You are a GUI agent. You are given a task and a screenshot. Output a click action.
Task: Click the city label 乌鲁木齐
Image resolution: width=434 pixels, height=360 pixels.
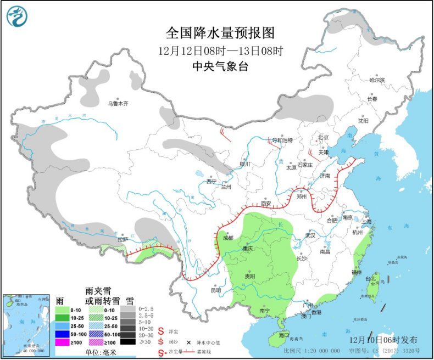[117, 103]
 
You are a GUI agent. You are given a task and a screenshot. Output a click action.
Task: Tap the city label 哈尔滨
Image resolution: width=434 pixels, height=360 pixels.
[377, 80]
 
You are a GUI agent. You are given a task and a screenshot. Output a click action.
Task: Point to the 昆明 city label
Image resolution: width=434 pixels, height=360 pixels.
[215, 290]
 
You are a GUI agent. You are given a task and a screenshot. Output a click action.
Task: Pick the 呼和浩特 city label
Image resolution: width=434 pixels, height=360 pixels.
[283, 140]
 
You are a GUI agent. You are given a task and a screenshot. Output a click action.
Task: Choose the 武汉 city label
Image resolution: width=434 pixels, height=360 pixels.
[310, 235]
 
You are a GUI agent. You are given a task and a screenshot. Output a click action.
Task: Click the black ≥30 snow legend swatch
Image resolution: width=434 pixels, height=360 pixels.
[128, 341]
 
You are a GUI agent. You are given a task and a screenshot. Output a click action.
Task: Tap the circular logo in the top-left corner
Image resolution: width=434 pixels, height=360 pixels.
[16, 17]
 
